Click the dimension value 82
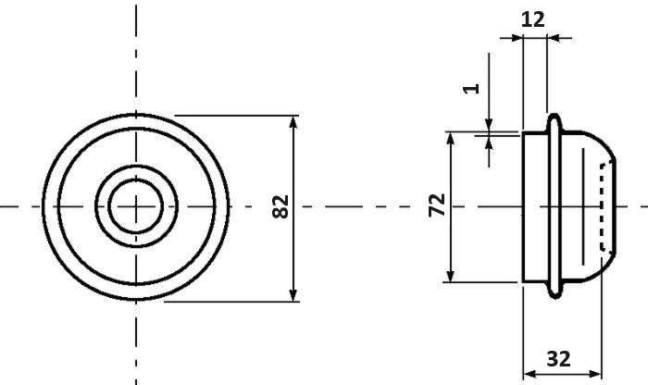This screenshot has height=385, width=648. tap(280, 206)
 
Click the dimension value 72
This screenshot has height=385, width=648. tap(437, 205)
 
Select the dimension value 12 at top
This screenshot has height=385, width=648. tap(532, 19)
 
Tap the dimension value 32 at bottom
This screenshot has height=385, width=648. tap(559, 358)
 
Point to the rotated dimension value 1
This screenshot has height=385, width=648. tap(470, 89)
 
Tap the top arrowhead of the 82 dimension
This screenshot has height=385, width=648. tap(293, 122)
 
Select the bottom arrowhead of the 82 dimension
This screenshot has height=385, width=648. tap(293, 295)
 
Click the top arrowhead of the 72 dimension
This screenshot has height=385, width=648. tap(451, 139)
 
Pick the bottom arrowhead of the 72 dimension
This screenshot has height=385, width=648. tap(451, 276)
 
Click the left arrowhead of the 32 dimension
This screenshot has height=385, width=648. tap(530, 375)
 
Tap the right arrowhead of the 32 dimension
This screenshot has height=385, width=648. tap(595, 375)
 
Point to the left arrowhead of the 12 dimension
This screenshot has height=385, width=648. tap(517, 38)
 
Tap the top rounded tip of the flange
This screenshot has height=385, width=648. tap(555, 115)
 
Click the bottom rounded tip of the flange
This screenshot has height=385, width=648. tap(555, 296)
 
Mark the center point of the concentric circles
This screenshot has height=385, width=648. tap(136, 206)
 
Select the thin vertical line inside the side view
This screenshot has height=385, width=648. tap(583, 206)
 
